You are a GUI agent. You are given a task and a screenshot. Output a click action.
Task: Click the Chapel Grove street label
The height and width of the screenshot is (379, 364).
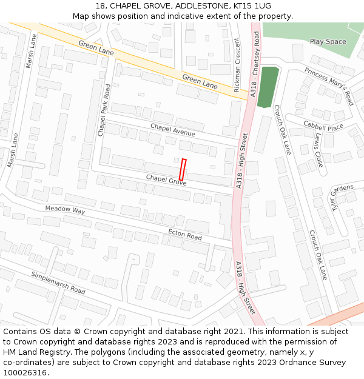pyautogui.click(x=166, y=179)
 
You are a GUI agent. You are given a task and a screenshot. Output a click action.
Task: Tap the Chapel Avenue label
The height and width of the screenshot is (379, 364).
pyautogui.click(x=173, y=130)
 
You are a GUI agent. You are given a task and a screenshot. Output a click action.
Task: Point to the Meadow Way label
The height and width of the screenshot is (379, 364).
pyautogui.click(x=65, y=210)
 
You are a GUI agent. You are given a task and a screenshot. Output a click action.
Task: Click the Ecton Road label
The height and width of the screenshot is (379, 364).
pyautogui.click(x=185, y=235)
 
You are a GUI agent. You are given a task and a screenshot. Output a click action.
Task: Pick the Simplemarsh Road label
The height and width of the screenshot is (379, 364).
pyautogui.click(x=58, y=283)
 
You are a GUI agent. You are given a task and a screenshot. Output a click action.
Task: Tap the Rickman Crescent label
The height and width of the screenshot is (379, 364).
pyautogui.click(x=237, y=64)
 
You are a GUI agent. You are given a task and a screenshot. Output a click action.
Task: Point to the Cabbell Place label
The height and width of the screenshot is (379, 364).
pyautogui.click(x=323, y=127)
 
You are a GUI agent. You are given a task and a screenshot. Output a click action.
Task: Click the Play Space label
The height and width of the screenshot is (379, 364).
pyautogui.click(x=328, y=42)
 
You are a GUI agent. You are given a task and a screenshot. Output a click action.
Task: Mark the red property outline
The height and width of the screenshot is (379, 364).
pyautogui.click(x=182, y=169)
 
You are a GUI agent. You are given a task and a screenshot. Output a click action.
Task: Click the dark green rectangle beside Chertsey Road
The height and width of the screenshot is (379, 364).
pyautogui.click(x=268, y=87)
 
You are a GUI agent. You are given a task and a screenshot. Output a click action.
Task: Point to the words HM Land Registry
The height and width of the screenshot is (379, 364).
pyautogui.click(x=33, y=352)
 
